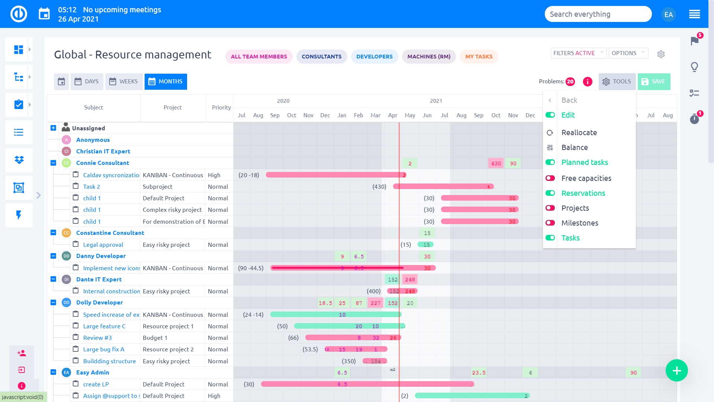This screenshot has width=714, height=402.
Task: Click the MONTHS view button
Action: pyautogui.click(x=166, y=82)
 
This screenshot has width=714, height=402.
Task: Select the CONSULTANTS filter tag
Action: pyautogui.click(x=321, y=57)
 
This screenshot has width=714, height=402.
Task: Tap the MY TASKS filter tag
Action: pyautogui.click(x=479, y=57)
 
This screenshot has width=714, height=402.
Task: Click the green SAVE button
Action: pyautogui.click(x=654, y=82)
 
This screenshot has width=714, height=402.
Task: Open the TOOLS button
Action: pyautogui.click(x=617, y=82)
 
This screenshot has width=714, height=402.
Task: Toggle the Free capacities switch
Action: pyautogui.click(x=550, y=178)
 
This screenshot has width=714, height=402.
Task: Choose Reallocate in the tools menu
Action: pyautogui.click(x=579, y=133)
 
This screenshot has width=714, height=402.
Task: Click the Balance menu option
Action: pyautogui.click(x=575, y=147)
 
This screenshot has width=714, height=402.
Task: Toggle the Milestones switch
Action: pyautogui.click(x=550, y=223)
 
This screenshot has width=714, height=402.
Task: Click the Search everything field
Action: pyautogui.click(x=598, y=14)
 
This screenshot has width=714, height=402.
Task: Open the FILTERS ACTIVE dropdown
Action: pyautogui.click(x=578, y=53)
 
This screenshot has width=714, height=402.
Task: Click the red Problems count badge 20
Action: pyautogui.click(x=570, y=82)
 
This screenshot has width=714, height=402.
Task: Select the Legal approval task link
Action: pyautogui.click(x=103, y=245)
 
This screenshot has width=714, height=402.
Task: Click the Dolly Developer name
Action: pyautogui.click(x=99, y=303)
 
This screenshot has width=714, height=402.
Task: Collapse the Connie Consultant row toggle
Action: pyautogui.click(x=53, y=163)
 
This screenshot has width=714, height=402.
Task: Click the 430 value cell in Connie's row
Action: pyautogui.click(x=496, y=163)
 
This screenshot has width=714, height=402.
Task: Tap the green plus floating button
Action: pyautogui.click(x=676, y=371)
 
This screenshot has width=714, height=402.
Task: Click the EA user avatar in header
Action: pyautogui.click(x=668, y=15)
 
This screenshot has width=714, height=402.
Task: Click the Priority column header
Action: pyautogui.click(x=221, y=108)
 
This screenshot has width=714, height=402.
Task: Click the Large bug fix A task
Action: pyautogui.click(x=103, y=349)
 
